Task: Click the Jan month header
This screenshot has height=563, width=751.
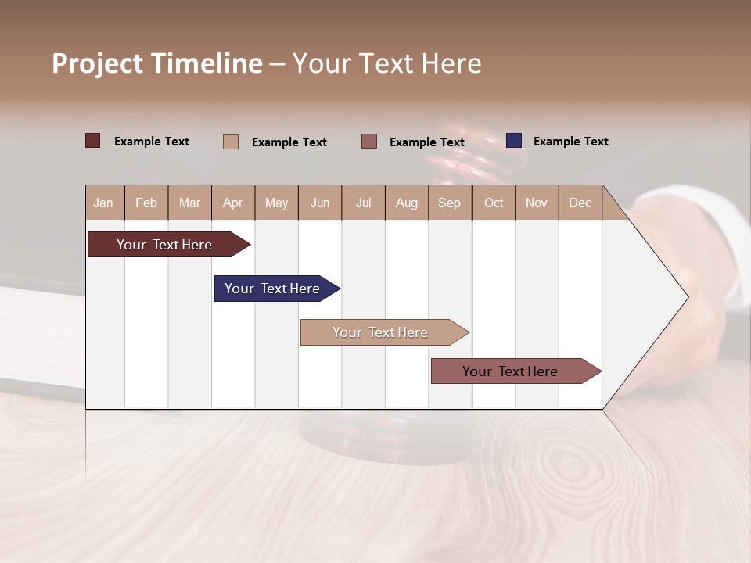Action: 104,203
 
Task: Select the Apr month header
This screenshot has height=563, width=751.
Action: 232,203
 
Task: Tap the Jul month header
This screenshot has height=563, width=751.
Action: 363,203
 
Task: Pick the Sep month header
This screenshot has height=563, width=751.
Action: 449,203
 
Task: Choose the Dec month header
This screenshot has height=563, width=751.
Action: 580,203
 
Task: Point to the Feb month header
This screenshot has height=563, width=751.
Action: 146,203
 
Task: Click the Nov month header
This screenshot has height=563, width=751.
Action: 536,203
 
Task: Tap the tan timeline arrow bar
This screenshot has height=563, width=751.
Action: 381,332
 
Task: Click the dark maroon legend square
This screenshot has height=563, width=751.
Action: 93,141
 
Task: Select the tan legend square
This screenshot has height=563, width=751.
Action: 231,142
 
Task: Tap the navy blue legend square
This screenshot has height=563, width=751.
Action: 514,141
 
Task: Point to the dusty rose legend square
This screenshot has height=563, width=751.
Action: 369,141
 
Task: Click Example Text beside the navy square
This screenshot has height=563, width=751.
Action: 570,142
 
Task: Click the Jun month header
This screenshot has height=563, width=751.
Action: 319,203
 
